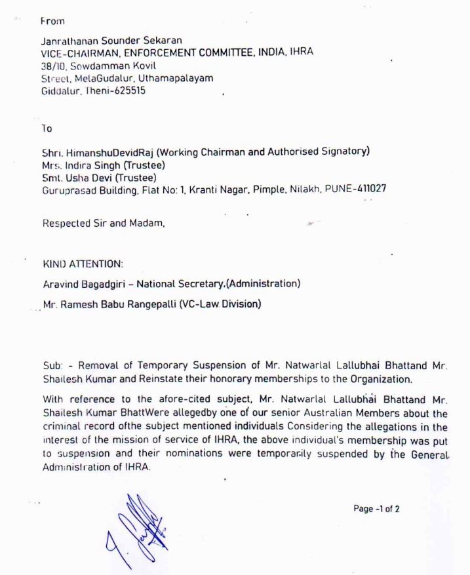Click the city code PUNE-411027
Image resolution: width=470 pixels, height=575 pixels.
[x=355, y=189]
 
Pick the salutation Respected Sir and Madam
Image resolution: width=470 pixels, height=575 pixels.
[x=103, y=223]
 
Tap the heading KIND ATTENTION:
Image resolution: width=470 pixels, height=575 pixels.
[x=82, y=264]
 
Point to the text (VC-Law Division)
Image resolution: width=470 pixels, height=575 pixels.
[x=220, y=304]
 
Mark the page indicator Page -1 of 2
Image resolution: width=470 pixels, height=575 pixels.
[x=376, y=509]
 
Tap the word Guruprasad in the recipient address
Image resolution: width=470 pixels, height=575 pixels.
[x=68, y=189]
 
